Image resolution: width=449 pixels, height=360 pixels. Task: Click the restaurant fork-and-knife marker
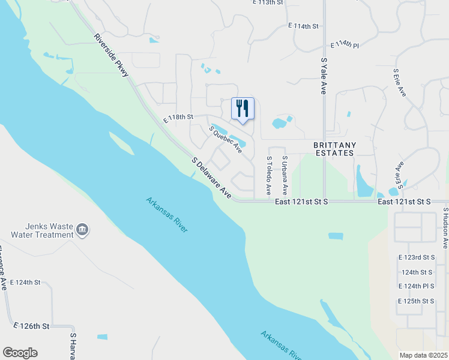point(243,109)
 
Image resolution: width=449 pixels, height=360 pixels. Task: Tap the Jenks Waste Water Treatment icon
point(82,229)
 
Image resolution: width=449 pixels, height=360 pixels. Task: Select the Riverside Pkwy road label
point(111,55)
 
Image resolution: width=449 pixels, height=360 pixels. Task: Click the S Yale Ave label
point(323,76)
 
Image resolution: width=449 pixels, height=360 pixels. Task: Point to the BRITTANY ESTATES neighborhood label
point(335,149)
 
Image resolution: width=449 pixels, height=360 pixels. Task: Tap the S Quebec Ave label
point(225,139)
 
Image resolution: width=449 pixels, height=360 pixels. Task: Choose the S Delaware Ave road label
point(212,178)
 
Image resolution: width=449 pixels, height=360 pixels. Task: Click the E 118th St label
point(179,117)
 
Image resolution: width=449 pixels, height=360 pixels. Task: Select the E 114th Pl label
point(345,45)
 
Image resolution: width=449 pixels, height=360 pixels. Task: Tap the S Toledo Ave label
point(268,176)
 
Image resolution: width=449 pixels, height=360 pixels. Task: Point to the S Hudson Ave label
point(445,228)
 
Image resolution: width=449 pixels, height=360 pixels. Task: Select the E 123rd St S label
point(416,257)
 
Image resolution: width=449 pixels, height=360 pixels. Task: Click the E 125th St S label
point(416,301)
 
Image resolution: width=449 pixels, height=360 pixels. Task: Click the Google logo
point(20,353)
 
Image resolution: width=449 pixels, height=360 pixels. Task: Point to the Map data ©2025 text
point(423,355)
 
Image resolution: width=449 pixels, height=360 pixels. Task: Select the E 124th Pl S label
point(416,286)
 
